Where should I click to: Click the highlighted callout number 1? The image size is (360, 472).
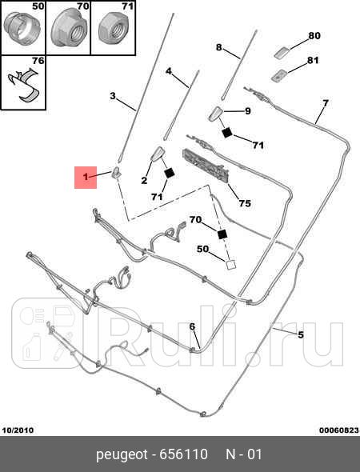(x=86, y=177)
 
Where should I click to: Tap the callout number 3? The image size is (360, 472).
(x=113, y=96)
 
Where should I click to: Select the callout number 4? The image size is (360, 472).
(x=169, y=71)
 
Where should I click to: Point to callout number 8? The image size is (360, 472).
(x=219, y=47)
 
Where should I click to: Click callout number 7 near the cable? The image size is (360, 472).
(x=326, y=103)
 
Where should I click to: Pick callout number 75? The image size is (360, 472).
(x=245, y=203)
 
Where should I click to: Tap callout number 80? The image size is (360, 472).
(x=314, y=35)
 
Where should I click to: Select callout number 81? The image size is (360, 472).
(x=313, y=60)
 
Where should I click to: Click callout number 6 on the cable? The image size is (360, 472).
(x=192, y=326)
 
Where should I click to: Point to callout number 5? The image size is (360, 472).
(x=301, y=334)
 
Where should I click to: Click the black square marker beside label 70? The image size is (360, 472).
(x=222, y=234)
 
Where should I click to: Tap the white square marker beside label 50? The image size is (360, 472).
(x=231, y=265)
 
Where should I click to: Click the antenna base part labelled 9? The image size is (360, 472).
(x=215, y=114)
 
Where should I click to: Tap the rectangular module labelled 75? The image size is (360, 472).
(x=206, y=166)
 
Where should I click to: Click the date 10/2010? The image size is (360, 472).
(x=18, y=430)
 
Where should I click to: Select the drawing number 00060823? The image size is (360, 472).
(x=339, y=430)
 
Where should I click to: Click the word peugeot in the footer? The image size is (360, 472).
(x=122, y=454)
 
